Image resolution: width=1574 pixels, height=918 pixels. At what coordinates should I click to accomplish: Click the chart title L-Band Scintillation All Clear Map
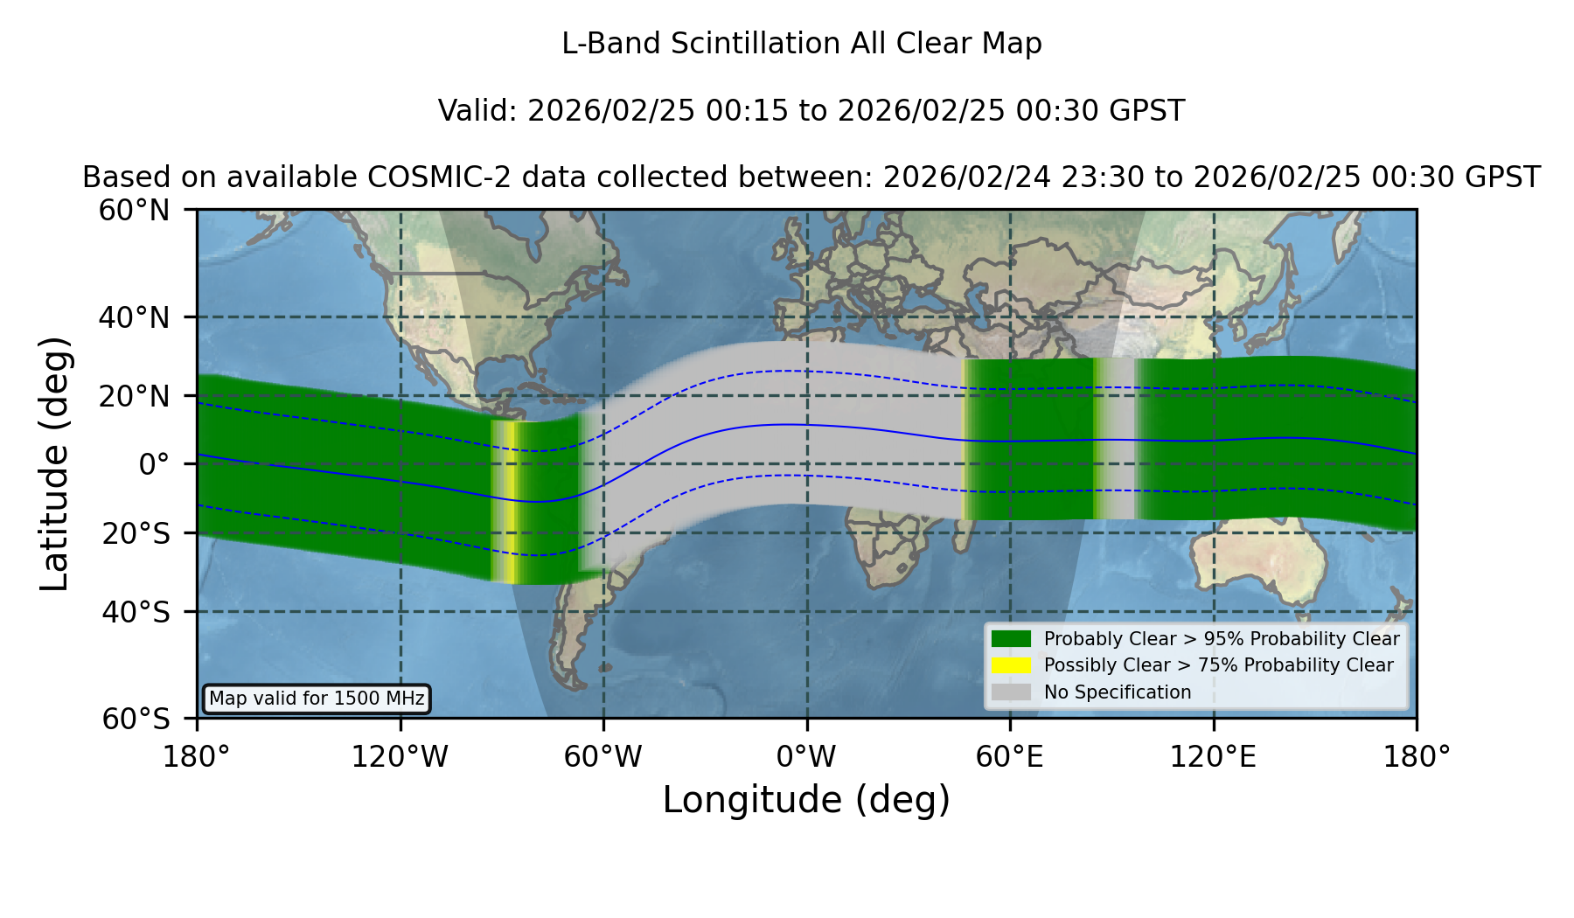click(x=802, y=44)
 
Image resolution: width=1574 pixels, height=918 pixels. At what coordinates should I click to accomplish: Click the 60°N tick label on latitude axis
click(x=135, y=210)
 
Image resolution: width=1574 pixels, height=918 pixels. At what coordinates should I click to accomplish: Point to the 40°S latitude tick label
click(x=136, y=612)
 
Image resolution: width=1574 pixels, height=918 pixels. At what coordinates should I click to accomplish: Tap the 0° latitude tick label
click(x=154, y=464)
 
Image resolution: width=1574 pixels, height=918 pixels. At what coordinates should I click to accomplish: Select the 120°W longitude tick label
click(x=400, y=756)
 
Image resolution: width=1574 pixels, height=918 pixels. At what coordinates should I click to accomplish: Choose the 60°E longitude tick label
click(x=1010, y=756)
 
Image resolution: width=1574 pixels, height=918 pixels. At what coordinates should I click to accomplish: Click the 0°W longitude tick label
click(x=806, y=756)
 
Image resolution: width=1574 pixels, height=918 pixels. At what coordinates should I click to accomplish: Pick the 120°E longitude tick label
click(x=1213, y=756)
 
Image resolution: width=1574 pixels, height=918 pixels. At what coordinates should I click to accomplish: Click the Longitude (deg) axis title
click(x=806, y=800)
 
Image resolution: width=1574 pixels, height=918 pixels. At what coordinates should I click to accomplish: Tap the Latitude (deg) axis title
click(x=54, y=463)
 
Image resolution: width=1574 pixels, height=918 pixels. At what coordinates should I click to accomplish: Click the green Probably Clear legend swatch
click(x=1012, y=639)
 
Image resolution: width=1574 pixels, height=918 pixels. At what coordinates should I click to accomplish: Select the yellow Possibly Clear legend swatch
click(x=1012, y=665)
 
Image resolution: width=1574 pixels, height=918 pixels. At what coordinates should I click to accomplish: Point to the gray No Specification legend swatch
click(x=1012, y=692)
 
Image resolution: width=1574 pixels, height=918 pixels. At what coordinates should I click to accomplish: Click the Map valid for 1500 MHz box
click(x=317, y=699)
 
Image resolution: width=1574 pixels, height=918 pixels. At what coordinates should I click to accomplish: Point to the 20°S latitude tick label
click(x=136, y=532)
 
